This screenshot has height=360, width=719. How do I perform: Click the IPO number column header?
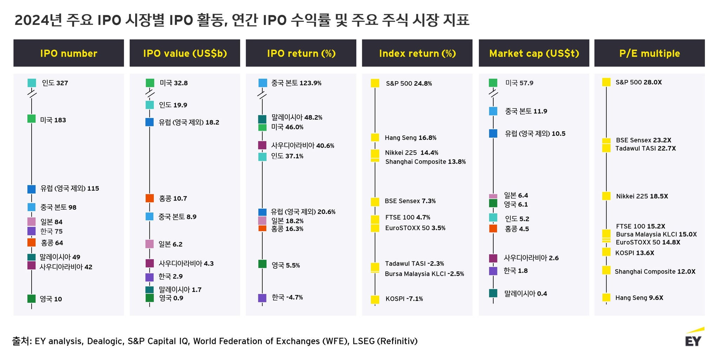(68, 53)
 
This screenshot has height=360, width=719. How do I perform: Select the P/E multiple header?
(649, 53)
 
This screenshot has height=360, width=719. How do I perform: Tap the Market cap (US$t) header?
(534, 53)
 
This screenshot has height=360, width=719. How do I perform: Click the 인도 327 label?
(55, 83)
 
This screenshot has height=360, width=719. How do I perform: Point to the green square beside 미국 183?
(32, 119)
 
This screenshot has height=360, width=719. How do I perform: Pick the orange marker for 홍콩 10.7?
(150, 198)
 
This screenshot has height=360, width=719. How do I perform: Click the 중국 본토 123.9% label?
(296, 83)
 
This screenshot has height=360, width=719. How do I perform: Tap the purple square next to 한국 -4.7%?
(262, 298)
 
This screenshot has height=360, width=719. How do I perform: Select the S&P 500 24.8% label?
(409, 84)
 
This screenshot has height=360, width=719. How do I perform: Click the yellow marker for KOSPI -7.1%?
(375, 300)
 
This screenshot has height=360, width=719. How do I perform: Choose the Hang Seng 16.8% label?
(410, 138)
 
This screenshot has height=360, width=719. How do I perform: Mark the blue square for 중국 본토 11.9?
(493, 111)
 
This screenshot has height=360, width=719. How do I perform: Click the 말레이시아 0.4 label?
(526, 294)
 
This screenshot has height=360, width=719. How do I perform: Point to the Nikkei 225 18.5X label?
(642, 196)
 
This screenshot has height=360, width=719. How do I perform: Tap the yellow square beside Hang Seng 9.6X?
(606, 297)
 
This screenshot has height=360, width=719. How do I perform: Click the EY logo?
(694, 338)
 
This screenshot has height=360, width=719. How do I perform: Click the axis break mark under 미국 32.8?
(150, 94)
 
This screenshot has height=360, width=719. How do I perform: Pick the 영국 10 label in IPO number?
(51, 299)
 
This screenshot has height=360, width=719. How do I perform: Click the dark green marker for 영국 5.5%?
(262, 264)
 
